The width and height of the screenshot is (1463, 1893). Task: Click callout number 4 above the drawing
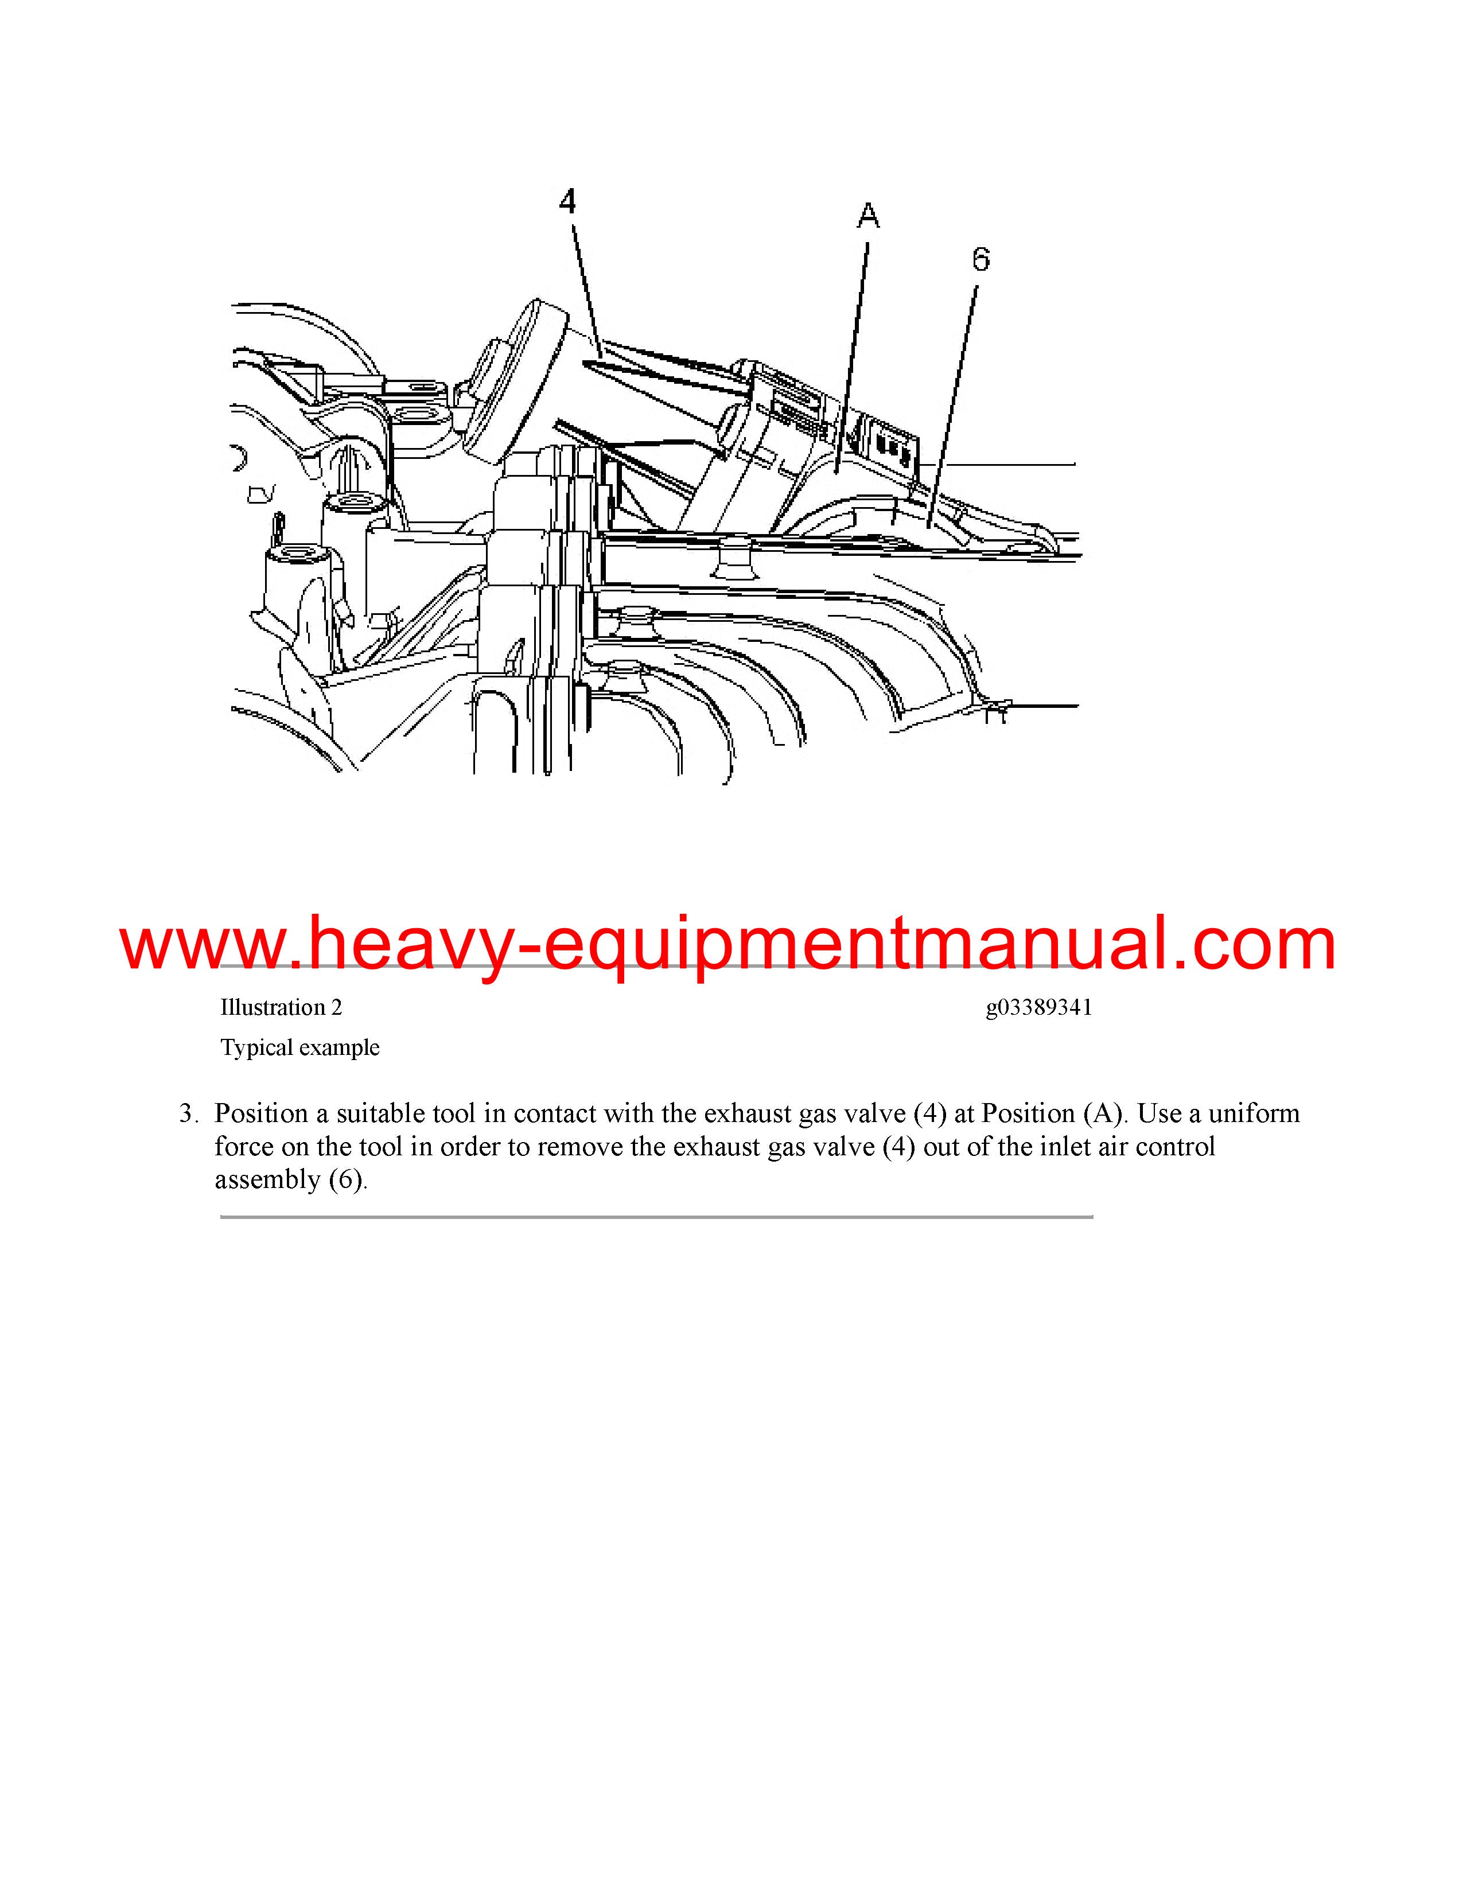pos(567,201)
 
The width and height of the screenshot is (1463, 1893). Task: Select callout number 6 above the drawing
pos(980,259)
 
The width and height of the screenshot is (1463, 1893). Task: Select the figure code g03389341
pos(1038,1008)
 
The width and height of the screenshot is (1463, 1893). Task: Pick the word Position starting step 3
pos(262,1113)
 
